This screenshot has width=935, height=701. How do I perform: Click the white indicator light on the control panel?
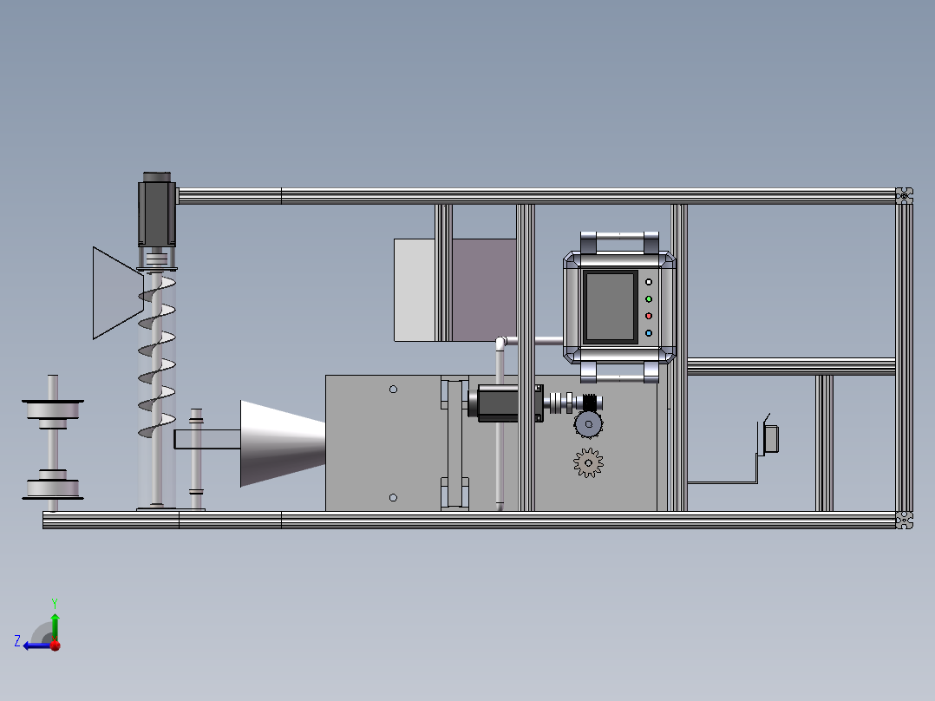click(x=649, y=282)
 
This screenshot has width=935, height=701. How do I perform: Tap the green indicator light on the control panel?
click(x=649, y=299)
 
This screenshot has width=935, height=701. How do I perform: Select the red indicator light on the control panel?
click(x=649, y=316)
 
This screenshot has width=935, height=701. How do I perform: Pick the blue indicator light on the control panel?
click(x=649, y=333)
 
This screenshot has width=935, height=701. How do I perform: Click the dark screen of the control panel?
click(x=610, y=306)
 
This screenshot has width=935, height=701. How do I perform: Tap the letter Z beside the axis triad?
click(x=17, y=641)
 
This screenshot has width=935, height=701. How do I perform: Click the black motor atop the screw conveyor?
click(x=157, y=209)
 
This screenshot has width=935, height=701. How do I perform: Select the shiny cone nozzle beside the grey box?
click(x=283, y=443)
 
